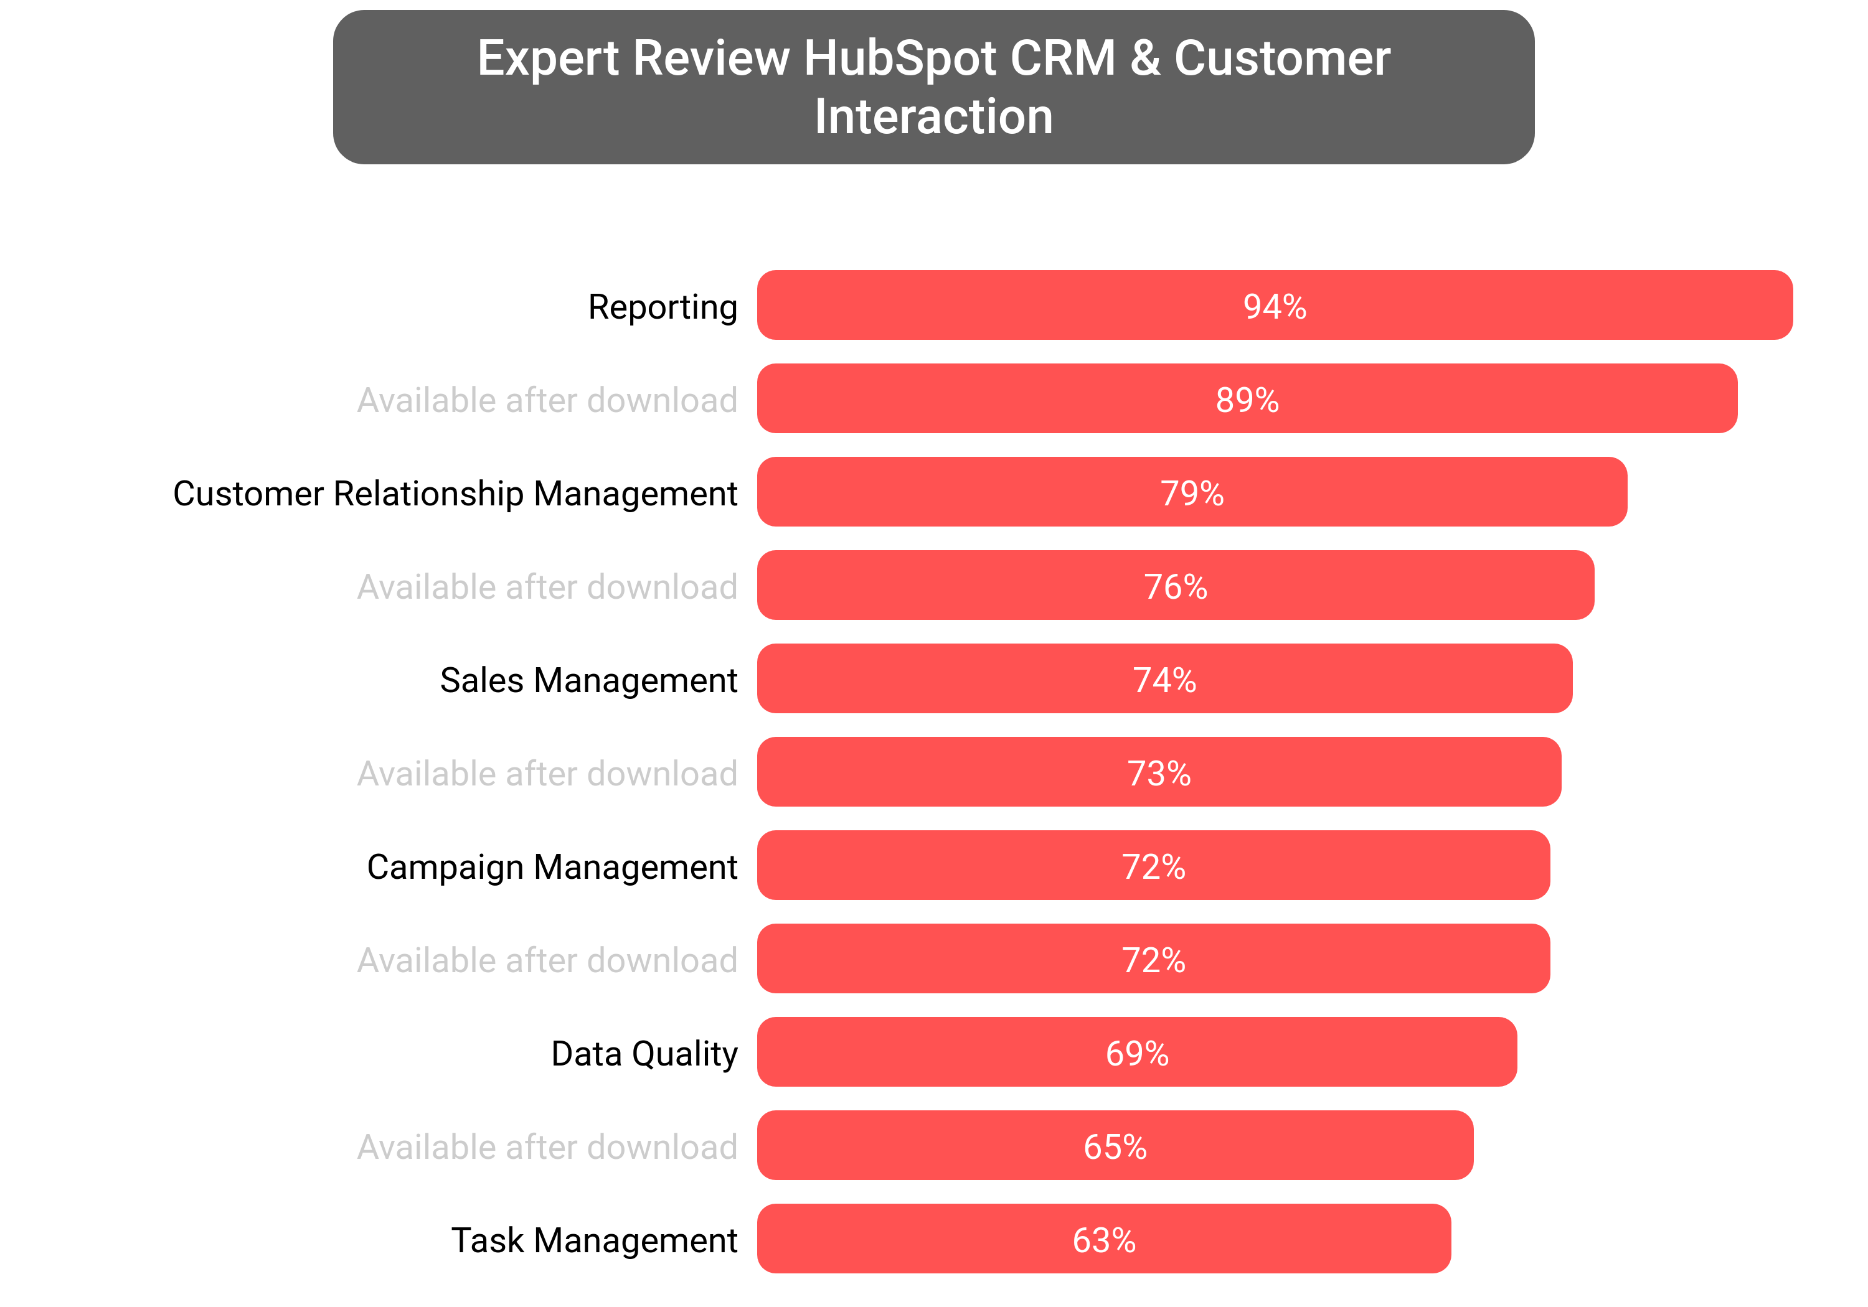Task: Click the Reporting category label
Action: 663,307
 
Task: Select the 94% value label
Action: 1274,307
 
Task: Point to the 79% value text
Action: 1192,494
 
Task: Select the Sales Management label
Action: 588,680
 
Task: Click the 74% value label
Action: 1164,680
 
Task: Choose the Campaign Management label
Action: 552,867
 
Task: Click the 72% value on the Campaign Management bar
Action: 1153,867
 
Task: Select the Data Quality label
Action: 644,1053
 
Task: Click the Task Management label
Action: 594,1240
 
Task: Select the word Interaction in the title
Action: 933,116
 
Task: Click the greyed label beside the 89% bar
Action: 547,400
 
